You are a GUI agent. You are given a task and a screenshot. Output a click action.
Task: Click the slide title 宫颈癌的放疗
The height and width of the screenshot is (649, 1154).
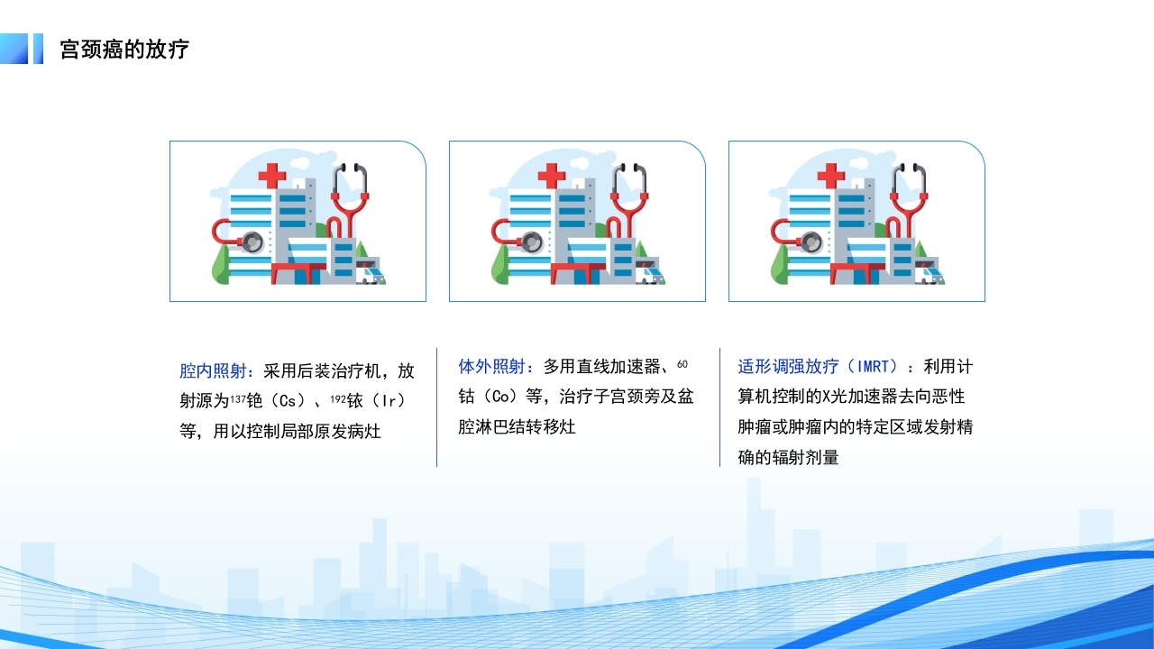click(124, 49)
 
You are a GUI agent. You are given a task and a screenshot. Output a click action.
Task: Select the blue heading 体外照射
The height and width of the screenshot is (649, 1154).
click(491, 367)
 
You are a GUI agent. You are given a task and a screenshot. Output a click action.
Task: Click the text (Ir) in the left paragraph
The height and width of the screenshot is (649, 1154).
click(389, 401)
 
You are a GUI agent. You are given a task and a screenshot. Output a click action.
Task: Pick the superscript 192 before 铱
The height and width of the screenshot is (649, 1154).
click(337, 398)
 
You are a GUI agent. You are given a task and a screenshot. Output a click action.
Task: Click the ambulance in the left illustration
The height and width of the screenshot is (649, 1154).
click(370, 273)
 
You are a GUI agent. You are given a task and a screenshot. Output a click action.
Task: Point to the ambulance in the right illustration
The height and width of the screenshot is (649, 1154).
click(929, 273)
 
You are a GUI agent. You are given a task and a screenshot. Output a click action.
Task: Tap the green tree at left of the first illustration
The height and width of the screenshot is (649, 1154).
click(220, 265)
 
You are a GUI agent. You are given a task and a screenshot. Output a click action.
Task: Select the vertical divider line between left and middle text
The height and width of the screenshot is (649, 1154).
click(437, 407)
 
